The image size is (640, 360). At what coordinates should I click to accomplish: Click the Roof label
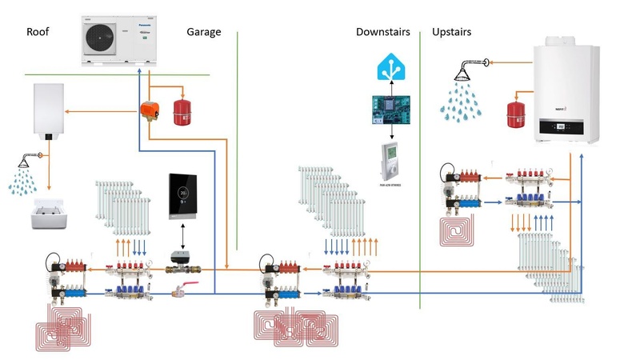tap(38, 32)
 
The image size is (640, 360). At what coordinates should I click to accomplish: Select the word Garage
tap(203, 32)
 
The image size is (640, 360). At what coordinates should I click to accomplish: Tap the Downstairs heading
tap(382, 32)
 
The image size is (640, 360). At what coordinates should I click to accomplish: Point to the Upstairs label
tap(451, 32)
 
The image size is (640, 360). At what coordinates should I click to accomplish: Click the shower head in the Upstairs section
tap(465, 71)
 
